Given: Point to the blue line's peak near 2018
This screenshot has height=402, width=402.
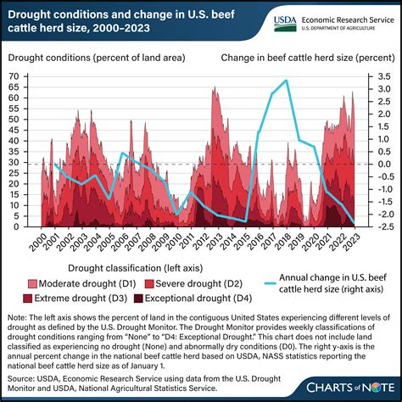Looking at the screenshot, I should (x=286, y=81).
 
